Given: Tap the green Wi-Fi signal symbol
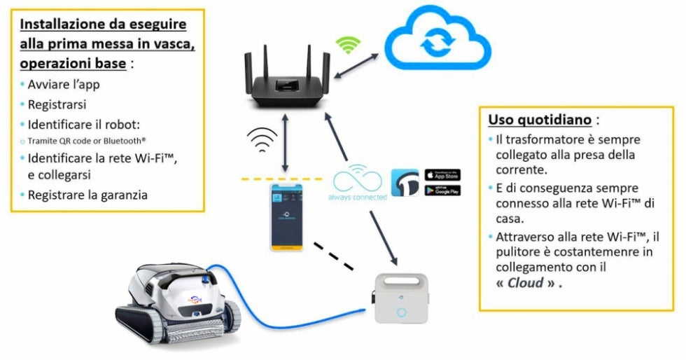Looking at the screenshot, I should (347, 46).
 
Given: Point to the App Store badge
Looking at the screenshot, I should (442, 174).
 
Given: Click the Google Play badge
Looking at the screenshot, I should (442, 190).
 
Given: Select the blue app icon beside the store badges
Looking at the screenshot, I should (405, 182).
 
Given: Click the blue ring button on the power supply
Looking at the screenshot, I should (401, 312).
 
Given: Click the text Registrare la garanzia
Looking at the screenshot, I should (87, 195).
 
